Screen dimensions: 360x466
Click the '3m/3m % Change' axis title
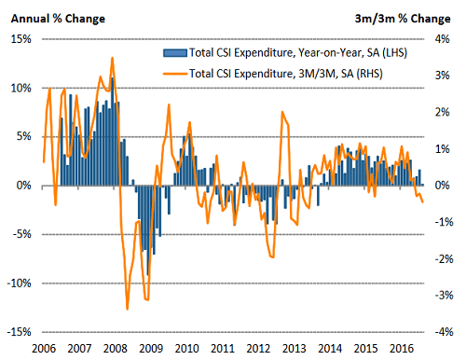tap(408, 18)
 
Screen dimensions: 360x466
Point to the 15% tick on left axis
tap(20, 39)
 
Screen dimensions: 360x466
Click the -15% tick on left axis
tap(18, 332)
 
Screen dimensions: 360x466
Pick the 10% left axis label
tap(20, 88)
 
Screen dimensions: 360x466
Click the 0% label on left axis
tap(23, 186)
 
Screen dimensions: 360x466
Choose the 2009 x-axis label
tap(150, 348)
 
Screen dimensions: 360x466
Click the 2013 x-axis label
tap(293, 348)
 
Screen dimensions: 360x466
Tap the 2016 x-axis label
tap(400, 348)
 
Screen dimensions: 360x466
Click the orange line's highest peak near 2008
tap(113, 58)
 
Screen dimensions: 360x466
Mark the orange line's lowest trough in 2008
tap(128, 309)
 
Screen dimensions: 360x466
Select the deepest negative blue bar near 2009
tap(147, 275)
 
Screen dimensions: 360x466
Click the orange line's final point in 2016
tap(423, 201)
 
